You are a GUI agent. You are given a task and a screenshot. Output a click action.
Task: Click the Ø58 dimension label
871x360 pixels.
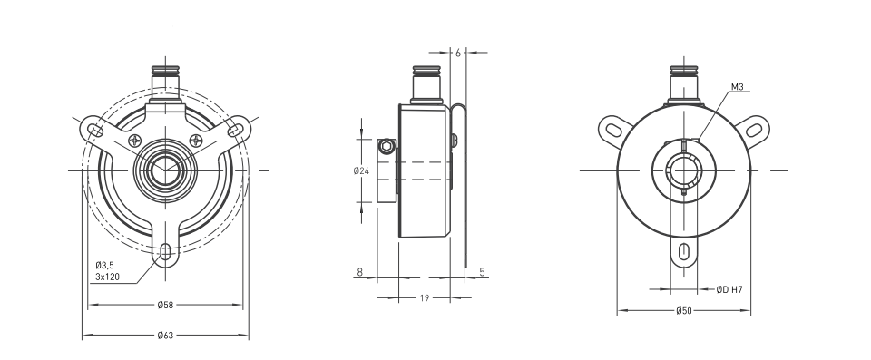point(165,305)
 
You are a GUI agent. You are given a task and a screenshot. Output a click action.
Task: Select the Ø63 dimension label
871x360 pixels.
point(165,335)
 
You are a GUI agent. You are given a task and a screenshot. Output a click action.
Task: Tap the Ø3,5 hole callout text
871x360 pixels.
point(104,265)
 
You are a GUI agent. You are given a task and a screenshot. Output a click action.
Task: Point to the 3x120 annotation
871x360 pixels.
point(107,276)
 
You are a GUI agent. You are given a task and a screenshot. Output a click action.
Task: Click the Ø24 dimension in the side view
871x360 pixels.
point(361,171)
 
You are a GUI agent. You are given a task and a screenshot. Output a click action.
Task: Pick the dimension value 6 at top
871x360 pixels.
point(457,53)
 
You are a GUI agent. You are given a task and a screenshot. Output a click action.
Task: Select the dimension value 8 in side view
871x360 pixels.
point(359,272)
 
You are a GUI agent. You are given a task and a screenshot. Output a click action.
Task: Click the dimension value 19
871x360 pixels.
point(425,298)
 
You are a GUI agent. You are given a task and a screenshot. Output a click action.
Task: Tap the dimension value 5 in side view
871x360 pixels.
point(482,272)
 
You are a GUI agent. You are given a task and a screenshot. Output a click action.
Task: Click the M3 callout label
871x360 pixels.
point(737,87)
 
